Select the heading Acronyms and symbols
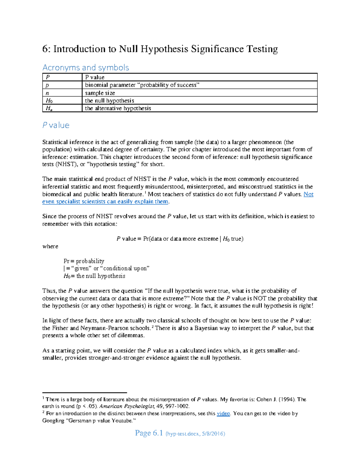(x=86, y=68)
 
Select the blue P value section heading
(x=56, y=125)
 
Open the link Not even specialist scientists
(x=105, y=202)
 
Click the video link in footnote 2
(x=223, y=413)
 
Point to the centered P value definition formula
(x=180, y=239)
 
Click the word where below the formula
(x=50, y=246)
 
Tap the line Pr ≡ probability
(x=84, y=261)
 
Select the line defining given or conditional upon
(x=106, y=269)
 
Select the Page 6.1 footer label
(x=149, y=433)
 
